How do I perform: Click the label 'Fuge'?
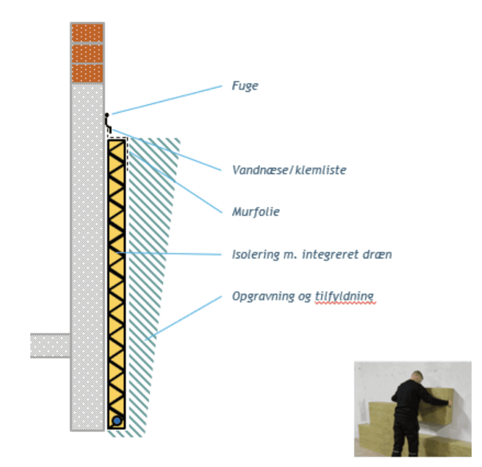tap(245, 86)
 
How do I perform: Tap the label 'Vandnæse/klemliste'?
tap(289, 170)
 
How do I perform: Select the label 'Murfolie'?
tap(256, 212)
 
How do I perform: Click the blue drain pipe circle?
tap(117, 421)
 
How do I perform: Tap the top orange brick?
tap(87, 33)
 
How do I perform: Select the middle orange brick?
tap(87, 53)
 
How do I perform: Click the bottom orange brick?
tap(87, 73)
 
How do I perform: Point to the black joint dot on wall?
tap(107, 115)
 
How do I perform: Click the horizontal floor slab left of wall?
tap(50, 345)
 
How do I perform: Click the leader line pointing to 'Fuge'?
tap(166, 100)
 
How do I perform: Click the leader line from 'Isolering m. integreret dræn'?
tap(168, 254)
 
